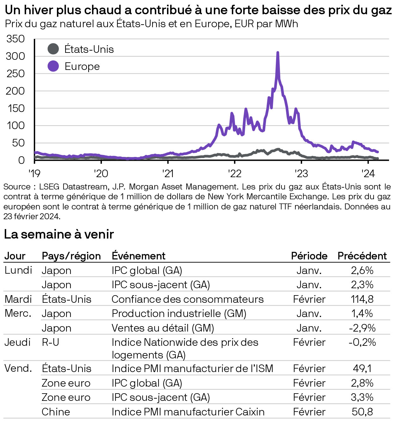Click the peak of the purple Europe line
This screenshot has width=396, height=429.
[278, 53]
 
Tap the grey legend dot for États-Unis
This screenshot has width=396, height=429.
[53, 49]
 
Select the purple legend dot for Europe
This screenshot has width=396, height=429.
[53, 66]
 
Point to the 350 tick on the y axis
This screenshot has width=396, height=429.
[15, 39]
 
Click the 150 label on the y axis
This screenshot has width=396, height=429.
[15, 108]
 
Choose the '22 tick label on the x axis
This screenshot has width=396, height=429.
[234, 173]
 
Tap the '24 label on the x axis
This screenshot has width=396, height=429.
[368, 173]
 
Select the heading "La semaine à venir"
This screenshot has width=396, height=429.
[59, 234]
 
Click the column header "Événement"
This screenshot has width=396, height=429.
[138, 256]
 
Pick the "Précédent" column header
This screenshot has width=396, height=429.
[362, 256]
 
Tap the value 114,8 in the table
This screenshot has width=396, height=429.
[362, 299]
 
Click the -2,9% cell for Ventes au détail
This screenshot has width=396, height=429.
[362, 328]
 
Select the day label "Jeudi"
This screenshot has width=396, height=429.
[17, 342]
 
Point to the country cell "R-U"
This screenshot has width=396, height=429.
[50, 342]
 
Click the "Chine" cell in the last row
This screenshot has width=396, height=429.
[56, 412]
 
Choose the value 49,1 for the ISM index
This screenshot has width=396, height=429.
[362, 368]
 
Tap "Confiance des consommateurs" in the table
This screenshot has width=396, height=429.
[187, 299]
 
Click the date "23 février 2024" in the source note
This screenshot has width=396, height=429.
[32, 216]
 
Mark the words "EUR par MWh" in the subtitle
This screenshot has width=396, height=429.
[266, 24]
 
